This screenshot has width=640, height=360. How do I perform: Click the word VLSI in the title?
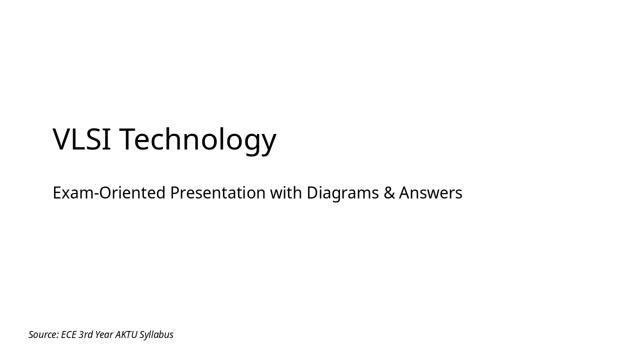tap(81, 139)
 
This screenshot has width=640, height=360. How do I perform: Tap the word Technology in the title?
tap(197, 140)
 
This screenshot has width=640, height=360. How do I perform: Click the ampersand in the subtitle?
tap(389, 193)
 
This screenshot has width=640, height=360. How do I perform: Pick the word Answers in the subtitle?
tap(430, 193)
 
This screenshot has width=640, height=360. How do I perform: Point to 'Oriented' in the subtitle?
tap(132, 193)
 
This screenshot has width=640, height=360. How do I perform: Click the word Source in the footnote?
tap(42, 334)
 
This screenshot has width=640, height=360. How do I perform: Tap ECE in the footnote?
tap(68, 334)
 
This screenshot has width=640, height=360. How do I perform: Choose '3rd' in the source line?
tap(85, 334)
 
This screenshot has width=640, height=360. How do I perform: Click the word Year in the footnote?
tap(104, 334)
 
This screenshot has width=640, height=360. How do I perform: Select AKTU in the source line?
tap(126, 334)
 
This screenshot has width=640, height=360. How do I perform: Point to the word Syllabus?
tap(156, 335)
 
